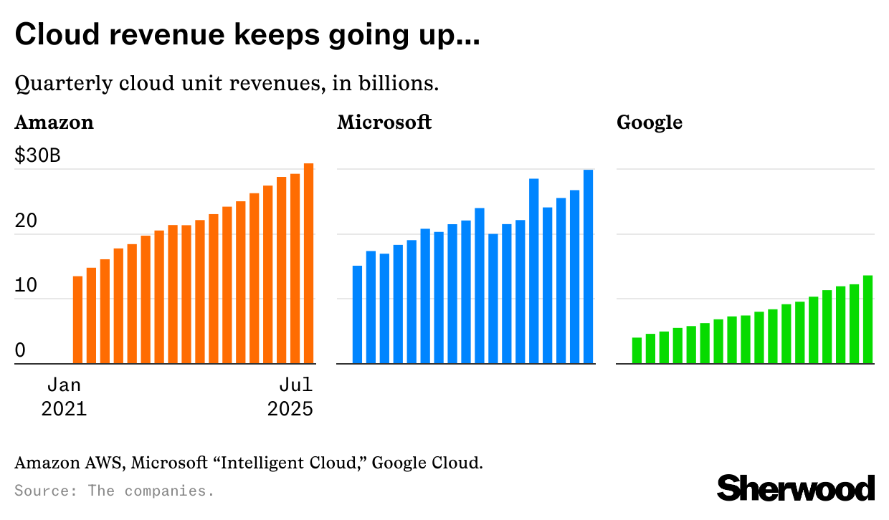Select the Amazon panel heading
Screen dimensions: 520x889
tap(54, 122)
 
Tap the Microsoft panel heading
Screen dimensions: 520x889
tap(384, 122)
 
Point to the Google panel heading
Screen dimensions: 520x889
tap(650, 122)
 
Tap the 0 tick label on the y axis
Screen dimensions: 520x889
tap(20, 350)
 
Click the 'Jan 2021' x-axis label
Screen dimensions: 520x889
tap(64, 397)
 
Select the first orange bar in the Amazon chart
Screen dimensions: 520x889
tap(77, 320)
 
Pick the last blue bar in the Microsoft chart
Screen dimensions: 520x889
tap(588, 266)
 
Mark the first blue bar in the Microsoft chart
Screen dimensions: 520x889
tap(357, 315)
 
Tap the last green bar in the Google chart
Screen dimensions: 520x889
tap(867, 319)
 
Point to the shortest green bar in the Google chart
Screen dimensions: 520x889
tap(637, 350)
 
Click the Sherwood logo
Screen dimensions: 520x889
tap(796, 488)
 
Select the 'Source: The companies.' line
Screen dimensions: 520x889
tap(115, 491)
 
